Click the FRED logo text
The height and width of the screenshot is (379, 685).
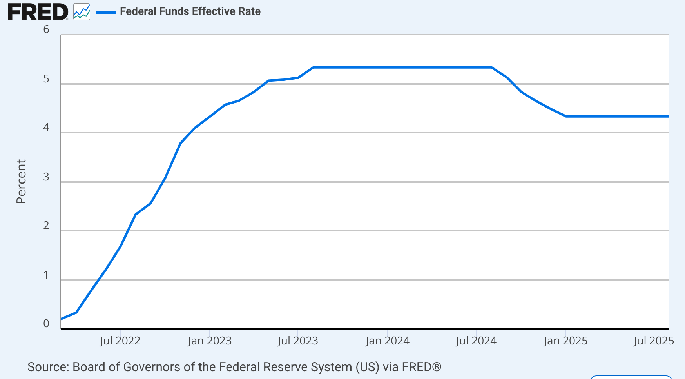(38, 12)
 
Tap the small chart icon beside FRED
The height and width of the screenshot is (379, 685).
(82, 12)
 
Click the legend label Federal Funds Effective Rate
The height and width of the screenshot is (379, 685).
(190, 11)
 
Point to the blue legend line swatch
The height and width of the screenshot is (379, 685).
(106, 13)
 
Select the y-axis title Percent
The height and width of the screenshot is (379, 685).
(21, 181)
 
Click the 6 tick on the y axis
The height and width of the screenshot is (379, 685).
(46, 29)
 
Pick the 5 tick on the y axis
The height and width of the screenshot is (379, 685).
(46, 79)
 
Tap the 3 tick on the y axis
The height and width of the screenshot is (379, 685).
(46, 177)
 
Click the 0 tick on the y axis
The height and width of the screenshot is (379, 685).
(46, 324)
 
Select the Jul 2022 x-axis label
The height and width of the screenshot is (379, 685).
(120, 341)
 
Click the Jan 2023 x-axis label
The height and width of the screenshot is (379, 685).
(210, 341)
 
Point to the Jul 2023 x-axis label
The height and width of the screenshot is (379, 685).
(298, 341)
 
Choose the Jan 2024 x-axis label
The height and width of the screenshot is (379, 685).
(387, 341)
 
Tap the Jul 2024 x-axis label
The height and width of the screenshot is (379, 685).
(476, 341)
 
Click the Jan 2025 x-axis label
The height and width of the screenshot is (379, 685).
(565, 341)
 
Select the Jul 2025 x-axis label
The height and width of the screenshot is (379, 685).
(653, 341)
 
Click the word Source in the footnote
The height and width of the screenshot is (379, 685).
(48, 367)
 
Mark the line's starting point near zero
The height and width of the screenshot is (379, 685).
(62, 319)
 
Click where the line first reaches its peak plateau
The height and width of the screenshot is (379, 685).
(313, 67)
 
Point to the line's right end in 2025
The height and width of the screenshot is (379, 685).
(668, 117)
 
